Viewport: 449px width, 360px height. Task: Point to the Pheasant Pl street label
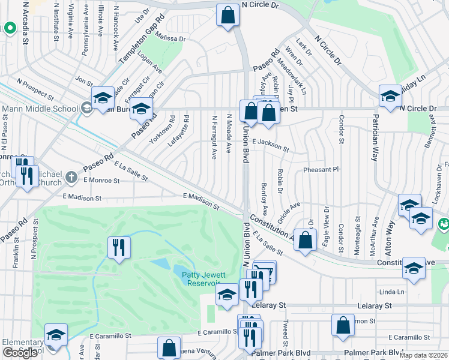pos(321,170)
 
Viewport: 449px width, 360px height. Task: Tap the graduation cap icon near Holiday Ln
pos(390,95)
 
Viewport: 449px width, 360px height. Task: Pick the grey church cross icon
pos(71,177)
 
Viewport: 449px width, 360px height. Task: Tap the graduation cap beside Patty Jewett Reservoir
pos(226,295)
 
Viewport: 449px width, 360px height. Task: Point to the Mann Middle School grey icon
pos(85,109)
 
